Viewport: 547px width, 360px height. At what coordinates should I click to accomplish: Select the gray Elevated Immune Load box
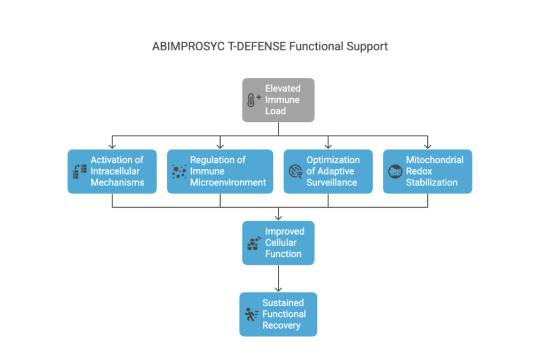(x=278, y=100)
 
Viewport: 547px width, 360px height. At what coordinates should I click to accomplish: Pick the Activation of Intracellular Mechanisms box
(x=112, y=171)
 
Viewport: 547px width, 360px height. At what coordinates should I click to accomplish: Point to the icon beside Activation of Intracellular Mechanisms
(x=80, y=171)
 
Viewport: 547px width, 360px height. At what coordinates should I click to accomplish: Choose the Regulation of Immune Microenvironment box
(x=220, y=171)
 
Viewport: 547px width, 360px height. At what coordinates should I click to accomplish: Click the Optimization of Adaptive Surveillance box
(x=328, y=171)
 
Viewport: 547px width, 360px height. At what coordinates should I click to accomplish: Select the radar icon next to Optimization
(x=295, y=171)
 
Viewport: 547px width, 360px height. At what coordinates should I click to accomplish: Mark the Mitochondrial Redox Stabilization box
(x=428, y=171)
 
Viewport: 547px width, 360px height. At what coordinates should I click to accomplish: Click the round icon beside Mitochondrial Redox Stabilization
(x=395, y=171)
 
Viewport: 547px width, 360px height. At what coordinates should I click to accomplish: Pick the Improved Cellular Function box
(x=278, y=242)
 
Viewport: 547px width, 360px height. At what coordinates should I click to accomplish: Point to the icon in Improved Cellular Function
(x=254, y=243)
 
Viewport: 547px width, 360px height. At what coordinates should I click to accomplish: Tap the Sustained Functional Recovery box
(x=278, y=314)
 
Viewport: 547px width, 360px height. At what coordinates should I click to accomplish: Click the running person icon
(x=251, y=315)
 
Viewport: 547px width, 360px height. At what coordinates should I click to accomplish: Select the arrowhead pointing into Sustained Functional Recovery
(x=278, y=289)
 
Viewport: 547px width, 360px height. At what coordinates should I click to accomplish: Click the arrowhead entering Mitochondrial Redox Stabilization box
(x=428, y=146)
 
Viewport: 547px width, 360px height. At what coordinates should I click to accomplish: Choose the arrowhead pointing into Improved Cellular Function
(x=278, y=217)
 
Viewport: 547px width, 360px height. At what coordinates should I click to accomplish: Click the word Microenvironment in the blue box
(x=228, y=183)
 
